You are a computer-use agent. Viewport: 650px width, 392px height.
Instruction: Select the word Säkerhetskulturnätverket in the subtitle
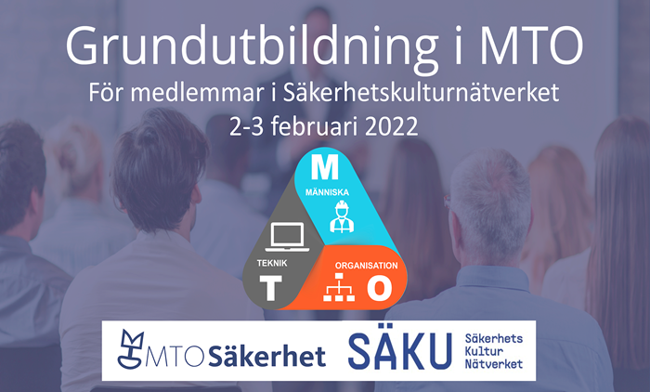(421, 93)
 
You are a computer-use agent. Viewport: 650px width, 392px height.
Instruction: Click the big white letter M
(325, 167)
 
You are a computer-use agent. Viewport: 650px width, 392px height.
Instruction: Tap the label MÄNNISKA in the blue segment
(327, 192)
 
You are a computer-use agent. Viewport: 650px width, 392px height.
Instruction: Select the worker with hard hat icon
(342, 216)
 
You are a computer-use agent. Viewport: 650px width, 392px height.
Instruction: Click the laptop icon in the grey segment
(287, 237)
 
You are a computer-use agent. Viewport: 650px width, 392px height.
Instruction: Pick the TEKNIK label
(272, 263)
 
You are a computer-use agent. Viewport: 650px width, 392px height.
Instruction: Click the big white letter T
(271, 288)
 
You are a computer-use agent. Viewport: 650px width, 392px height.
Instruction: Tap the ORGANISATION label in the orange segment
(367, 266)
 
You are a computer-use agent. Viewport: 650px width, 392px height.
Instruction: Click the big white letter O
(379, 288)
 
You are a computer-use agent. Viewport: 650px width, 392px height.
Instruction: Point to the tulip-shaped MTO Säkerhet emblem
(130, 349)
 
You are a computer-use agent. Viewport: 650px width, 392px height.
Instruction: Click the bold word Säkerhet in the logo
(267, 357)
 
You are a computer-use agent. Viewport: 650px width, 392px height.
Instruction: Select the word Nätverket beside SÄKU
(493, 364)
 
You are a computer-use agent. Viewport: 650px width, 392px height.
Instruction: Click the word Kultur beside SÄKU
(484, 351)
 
